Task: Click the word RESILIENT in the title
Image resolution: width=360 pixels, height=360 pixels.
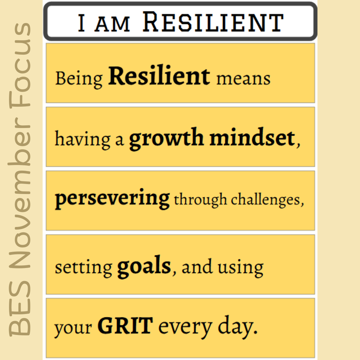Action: click(x=213, y=23)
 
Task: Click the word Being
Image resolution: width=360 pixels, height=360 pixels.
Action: click(x=79, y=79)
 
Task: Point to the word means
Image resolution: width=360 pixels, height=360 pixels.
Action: click(x=243, y=79)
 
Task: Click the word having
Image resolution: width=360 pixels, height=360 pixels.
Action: click(x=82, y=139)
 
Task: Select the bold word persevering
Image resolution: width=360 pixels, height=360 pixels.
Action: click(x=112, y=199)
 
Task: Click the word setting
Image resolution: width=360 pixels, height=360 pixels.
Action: click(x=83, y=267)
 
